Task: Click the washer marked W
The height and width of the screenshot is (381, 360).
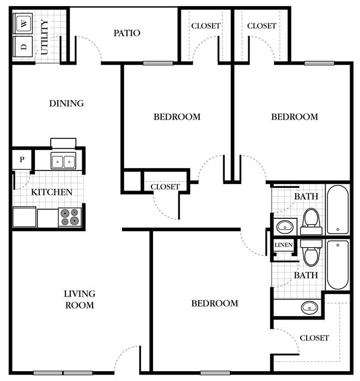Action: click(23, 23)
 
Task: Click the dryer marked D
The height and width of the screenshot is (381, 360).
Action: click(23, 46)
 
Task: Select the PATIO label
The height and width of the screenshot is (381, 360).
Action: click(127, 33)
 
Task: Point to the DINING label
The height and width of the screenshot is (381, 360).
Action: click(66, 103)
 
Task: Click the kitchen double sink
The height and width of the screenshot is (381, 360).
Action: click(63, 161)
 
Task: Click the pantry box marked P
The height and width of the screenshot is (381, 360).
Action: click(22, 159)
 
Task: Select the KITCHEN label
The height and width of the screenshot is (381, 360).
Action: click(51, 192)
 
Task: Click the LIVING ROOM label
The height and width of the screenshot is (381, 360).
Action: click(80, 300)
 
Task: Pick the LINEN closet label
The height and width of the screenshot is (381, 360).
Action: click(283, 245)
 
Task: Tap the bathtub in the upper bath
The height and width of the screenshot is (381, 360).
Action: click(338, 209)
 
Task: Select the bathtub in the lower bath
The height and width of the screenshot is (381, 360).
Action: click(338, 265)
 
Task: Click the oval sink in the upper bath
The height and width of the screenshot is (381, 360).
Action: click(284, 226)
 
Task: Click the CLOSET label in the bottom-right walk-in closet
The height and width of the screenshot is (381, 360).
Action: click(314, 338)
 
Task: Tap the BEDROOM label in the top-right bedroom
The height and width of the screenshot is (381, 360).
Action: click(294, 117)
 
